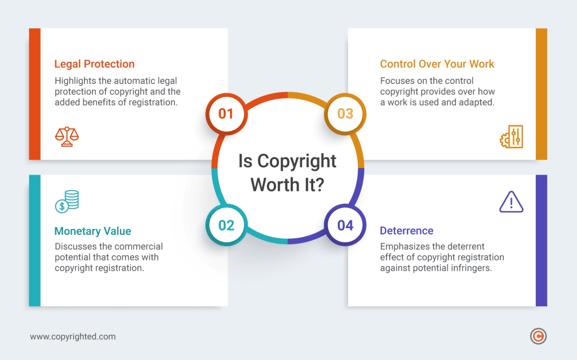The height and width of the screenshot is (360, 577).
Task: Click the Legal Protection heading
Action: pyautogui.click(x=95, y=64)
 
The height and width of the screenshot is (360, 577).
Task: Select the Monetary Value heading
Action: pyautogui.click(x=92, y=231)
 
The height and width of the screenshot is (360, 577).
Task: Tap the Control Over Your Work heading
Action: pyautogui.click(x=437, y=64)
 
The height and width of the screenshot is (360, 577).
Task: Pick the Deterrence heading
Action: pyautogui.click(x=406, y=231)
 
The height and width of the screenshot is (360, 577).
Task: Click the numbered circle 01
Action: pyautogui.click(x=226, y=114)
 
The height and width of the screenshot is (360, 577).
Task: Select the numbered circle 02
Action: pyautogui.click(x=226, y=225)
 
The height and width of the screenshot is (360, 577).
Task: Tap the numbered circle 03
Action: pyautogui.click(x=345, y=114)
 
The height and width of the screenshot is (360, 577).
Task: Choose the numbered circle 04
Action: pyautogui.click(x=345, y=225)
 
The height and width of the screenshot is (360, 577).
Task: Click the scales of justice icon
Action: pyautogui.click(x=67, y=136)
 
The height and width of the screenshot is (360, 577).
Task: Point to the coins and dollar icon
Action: pyautogui.click(x=67, y=202)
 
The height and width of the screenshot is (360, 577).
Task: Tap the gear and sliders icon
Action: pyautogui.click(x=512, y=137)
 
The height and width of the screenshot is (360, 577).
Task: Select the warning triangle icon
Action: pyautogui.click(x=511, y=202)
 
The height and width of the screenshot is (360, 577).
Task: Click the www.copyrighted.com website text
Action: pyautogui.click(x=73, y=337)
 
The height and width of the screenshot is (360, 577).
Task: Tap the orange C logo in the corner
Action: pyautogui.click(x=539, y=336)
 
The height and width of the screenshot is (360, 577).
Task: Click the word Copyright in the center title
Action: pyautogui.click(x=296, y=161)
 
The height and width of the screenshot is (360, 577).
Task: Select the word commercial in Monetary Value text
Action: pyautogui.click(x=139, y=247)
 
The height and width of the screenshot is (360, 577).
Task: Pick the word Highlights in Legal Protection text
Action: pyautogui.click(x=76, y=81)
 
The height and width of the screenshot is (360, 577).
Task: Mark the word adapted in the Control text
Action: pyautogui.click(x=476, y=103)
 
